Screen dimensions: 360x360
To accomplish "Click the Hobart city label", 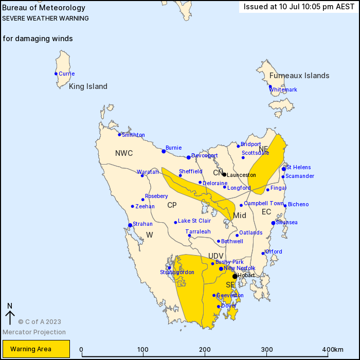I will [x=246, y=276].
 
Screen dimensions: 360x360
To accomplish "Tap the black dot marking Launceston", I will [x=224, y=174].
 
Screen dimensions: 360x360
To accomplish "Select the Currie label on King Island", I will [x=66, y=74].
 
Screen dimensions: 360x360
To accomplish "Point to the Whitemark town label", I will [x=283, y=89].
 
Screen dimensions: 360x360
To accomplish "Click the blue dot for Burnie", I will [x=164, y=151].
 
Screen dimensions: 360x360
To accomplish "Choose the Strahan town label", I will [x=142, y=224].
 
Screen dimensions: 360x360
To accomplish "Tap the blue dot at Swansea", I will [x=273, y=223].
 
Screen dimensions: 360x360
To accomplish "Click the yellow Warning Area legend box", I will [x=35, y=349].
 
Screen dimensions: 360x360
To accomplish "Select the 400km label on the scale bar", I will [x=334, y=350].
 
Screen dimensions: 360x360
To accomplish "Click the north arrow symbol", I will [x=9, y=313].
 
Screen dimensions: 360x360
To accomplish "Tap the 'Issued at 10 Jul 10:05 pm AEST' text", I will [x=298, y=7].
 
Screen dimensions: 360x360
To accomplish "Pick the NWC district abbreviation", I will [x=124, y=153].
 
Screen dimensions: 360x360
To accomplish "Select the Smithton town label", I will [x=133, y=135].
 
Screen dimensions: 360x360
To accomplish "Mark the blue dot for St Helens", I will [x=283, y=169].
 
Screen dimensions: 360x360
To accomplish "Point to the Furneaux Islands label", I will [x=299, y=76].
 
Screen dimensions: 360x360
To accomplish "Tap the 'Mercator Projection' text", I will [x=34, y=332].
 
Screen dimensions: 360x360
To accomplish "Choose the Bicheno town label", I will [x=298, y=204].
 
